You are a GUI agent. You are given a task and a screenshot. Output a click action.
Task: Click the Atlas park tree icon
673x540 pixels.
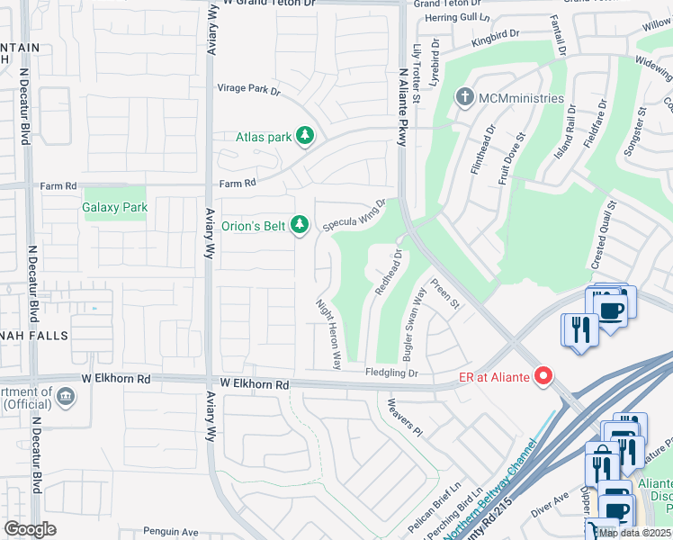[x=306, y=137]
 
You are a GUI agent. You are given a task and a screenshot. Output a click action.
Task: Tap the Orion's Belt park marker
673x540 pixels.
[x=301, y=225]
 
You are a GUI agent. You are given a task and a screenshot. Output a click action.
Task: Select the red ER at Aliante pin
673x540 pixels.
[x=543, y=375]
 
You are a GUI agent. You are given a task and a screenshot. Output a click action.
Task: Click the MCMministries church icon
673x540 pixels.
[x=464, y=97]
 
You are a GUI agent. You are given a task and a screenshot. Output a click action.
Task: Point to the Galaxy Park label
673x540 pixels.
[x=114, y=207]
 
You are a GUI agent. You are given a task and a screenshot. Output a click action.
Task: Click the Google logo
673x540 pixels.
[x=30, y=529]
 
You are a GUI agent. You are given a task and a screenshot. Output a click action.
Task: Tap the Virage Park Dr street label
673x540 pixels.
[x=249, y=90]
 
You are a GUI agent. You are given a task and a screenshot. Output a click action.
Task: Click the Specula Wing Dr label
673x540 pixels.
[x=354, y=216]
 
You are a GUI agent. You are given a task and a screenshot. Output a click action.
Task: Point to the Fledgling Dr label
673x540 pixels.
[x=391, y=373]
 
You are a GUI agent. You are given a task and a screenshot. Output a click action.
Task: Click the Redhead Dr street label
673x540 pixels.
[x=389, y=273]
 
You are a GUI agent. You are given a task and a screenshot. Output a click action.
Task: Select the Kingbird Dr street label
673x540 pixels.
[x=495, y=34]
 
